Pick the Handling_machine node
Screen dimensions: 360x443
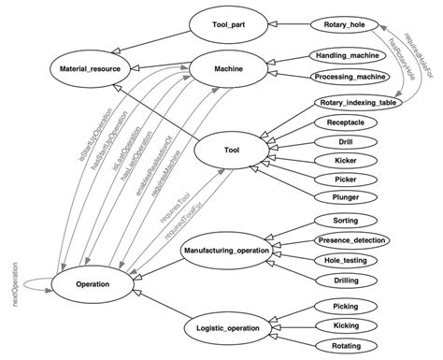click(345, 58)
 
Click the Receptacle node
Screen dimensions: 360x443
click(345, 122)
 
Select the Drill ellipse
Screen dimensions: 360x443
click(345, 142)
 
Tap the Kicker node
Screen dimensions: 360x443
click(345, 162)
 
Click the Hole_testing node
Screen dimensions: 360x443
click(345, 260)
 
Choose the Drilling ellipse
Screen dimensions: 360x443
click(345, 280)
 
